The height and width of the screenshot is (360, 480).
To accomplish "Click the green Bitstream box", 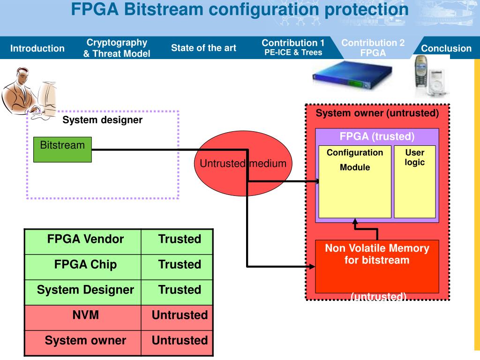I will pyautogui.click(x=62, y=150).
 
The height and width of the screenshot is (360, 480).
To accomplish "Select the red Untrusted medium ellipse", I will pyautogui.click(x=243, y=164).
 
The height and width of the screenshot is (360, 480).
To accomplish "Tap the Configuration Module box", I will pyautogui.click(x=355, y=182).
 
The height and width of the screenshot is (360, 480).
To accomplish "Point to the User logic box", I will pyautogui.click(x=415, y=182).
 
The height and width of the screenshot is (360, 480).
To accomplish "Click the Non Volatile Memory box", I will pyautogui.click(x=377, y=265).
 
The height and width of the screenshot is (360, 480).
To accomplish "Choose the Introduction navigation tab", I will pyautogui.click(x=37, y=48).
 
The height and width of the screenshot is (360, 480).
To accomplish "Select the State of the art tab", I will pyautogui.click(x=203, y=48).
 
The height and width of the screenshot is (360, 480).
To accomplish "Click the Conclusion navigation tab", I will pyautogui.click(x=446, y=48).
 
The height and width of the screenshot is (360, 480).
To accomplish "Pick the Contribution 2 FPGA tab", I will pyautogui.click(x=373, y=48).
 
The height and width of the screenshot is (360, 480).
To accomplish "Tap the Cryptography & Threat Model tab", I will pyautogui.click(x=117, y=48).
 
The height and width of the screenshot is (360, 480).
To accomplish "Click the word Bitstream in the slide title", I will pyautogui.click(x=165, y=9).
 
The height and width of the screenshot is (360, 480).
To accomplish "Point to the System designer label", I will pyautogui.click(x=102, y=120).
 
